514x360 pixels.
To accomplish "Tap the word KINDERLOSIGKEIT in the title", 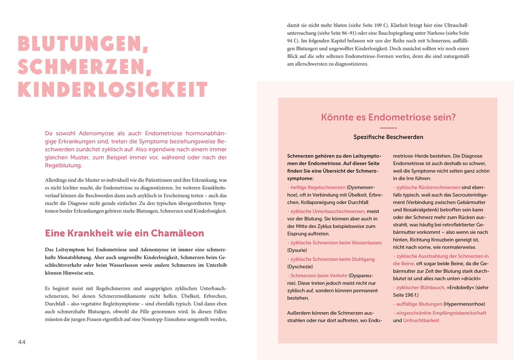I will point(112,90).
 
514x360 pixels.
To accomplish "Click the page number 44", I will point(22,342).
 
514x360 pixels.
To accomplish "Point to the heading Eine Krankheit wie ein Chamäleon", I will point(124,233).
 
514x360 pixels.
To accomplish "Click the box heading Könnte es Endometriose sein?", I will point(388,117).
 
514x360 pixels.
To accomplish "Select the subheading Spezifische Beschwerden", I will point(388,137).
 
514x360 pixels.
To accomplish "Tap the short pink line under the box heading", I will point(388,128).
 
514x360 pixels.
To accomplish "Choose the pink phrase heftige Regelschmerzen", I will point(317,187).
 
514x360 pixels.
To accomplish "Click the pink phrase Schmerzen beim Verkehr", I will point(319,276).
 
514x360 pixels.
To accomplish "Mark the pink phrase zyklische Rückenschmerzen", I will point(428,187).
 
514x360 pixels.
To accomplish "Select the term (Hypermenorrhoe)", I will point(464,304).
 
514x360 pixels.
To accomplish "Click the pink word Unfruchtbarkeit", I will point(421,321).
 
